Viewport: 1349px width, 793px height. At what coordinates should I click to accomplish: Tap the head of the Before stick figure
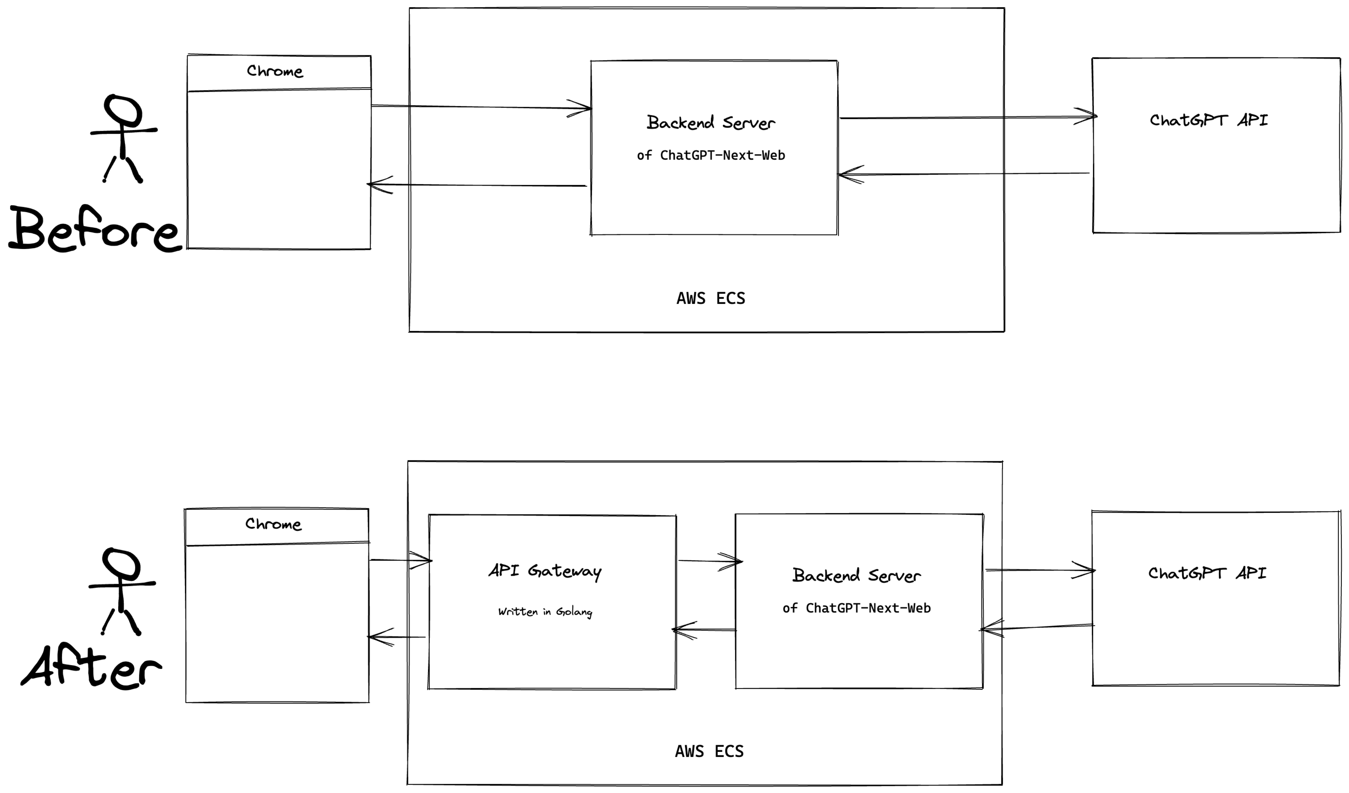[123, 110]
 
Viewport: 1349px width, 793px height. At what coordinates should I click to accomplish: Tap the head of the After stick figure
[121, 563]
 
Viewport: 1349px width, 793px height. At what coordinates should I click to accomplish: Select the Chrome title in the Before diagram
[274, 71]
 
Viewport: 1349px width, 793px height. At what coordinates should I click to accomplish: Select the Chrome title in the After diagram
[273, 524]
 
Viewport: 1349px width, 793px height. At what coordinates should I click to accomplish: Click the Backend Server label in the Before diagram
[711, 123]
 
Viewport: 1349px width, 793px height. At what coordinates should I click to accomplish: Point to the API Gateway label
[545, 571]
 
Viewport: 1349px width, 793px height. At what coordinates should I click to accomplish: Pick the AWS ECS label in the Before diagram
[711, 298]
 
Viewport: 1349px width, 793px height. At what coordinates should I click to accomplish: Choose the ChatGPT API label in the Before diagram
[1209, 120]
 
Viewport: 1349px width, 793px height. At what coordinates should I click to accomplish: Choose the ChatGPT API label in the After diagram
[1207, 573]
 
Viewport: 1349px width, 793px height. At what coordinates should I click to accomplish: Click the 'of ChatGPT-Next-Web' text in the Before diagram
[711, 155]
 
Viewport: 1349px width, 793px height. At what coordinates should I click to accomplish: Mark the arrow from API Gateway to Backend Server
[709, 561]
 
